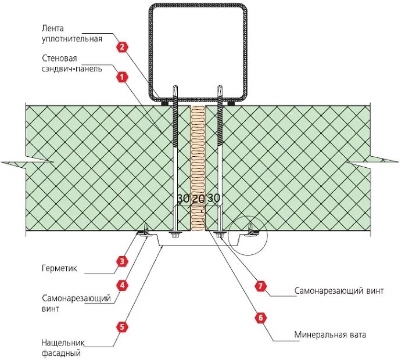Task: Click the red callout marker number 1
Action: coord(122,77)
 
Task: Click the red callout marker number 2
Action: coord(122,47)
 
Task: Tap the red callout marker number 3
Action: coord(122,261)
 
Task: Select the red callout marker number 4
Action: coord(122,285)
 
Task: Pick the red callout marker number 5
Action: coord(122,326)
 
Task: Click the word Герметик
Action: coord(59,269)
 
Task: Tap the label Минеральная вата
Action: coord(330,335)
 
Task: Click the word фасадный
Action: coord(60,352)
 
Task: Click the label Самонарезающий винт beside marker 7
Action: coord(338,290)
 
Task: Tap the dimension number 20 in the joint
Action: coord(199,199)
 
